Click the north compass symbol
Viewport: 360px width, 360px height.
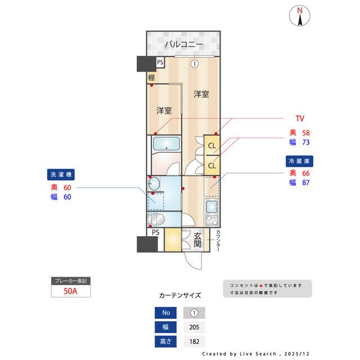[300, 16]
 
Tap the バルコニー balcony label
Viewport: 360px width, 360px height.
[183, 44]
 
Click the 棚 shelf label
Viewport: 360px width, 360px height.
[151, 78]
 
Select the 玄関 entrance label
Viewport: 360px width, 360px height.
[198, 240]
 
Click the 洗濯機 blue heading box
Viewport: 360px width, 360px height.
[61, 174]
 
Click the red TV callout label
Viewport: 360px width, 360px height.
[300, 119]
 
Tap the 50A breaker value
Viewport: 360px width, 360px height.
[70, 291]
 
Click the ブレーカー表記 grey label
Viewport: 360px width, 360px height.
[70, 280]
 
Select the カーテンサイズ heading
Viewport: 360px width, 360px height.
[180, 295]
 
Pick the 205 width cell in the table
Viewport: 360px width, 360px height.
[194, 327]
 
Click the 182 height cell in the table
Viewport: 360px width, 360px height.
[194, 341]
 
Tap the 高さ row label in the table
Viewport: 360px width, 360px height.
[165, 341]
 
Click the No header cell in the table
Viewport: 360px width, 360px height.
[165, 313]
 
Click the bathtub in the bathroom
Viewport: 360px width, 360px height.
[166, 144]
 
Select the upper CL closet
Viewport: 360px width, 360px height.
[212, 146]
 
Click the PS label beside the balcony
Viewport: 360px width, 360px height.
[160, 63]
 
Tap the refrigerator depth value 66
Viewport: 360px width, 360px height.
[307, 173]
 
